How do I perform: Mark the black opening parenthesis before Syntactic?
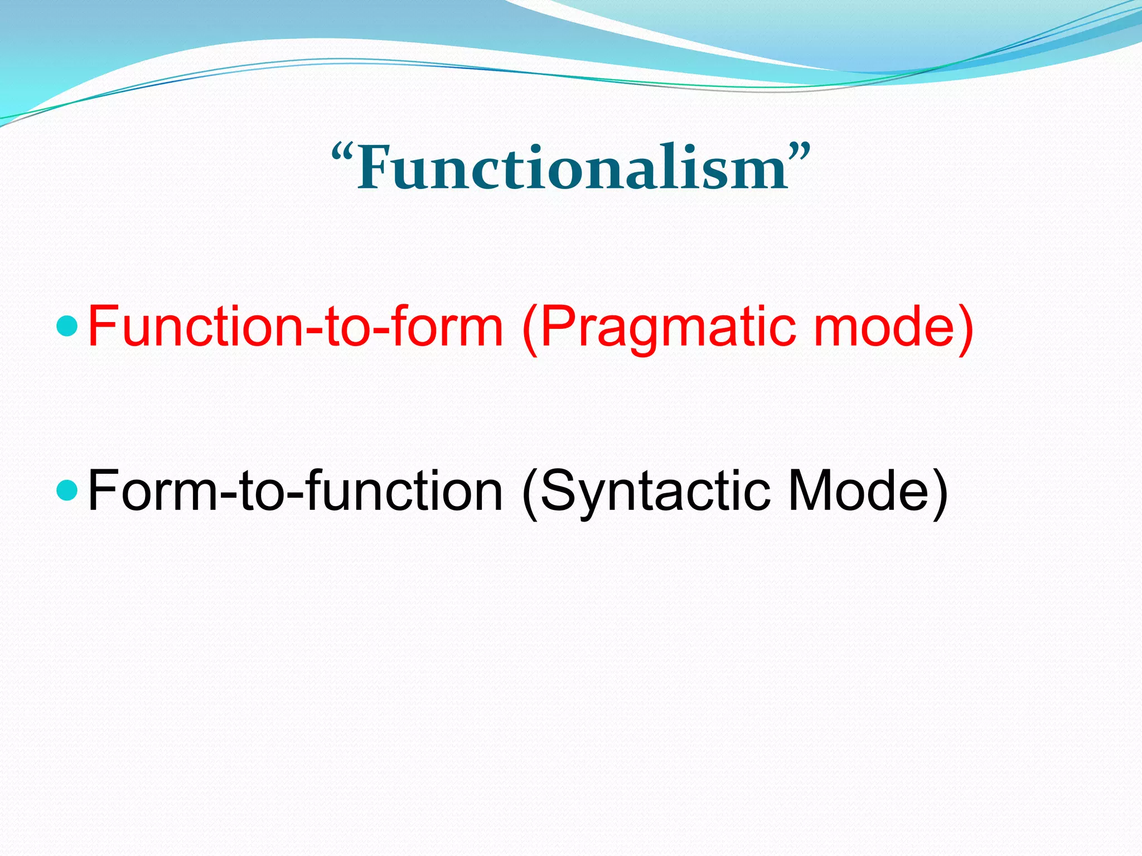click(530, 493)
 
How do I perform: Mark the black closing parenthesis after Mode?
click(940, 493)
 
